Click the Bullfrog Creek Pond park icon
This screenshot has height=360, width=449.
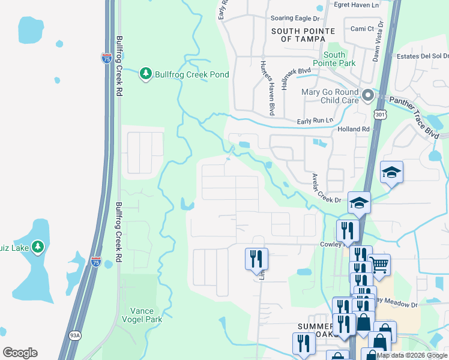coord(145,74)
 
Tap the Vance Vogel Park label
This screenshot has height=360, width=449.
coord(142,315)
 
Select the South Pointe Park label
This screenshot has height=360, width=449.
coord(334,59)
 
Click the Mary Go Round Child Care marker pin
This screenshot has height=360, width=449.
coord(368,95)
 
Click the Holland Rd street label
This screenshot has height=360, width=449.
coord(354,129)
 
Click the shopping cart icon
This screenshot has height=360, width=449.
coord(379,265)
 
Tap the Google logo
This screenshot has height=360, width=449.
coord(20,353)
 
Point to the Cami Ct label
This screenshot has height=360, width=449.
coord(362,28)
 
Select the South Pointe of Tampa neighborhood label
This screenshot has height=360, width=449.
coord(298,34)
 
